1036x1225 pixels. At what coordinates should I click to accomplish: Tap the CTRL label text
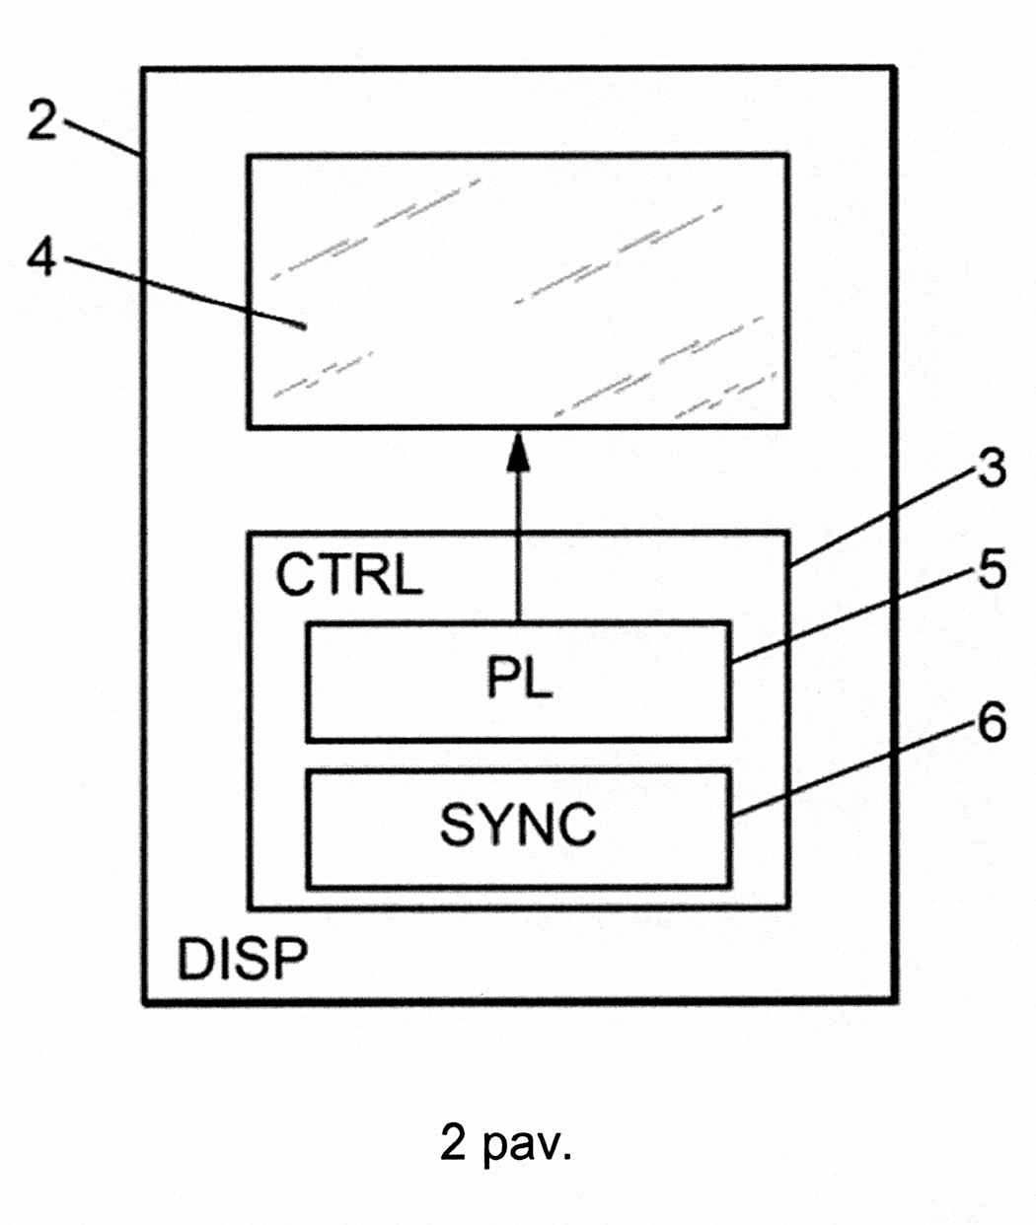[x=348, y=575]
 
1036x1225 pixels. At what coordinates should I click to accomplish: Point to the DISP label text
[x=242, y=958]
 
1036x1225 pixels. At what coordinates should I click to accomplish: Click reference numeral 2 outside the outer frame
[x=40, y=120]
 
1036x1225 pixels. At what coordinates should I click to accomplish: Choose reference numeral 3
[x=991, y=468]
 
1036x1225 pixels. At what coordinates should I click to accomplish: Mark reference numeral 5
[x=991, y=570]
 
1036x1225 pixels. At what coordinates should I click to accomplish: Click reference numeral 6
[x=991, y=722]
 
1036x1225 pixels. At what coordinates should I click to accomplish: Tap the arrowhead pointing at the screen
[x=517, y=455]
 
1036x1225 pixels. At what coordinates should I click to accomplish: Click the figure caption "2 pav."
[x=505, y=1143]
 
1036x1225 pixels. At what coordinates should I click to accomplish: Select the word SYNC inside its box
[x=518, y=825]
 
